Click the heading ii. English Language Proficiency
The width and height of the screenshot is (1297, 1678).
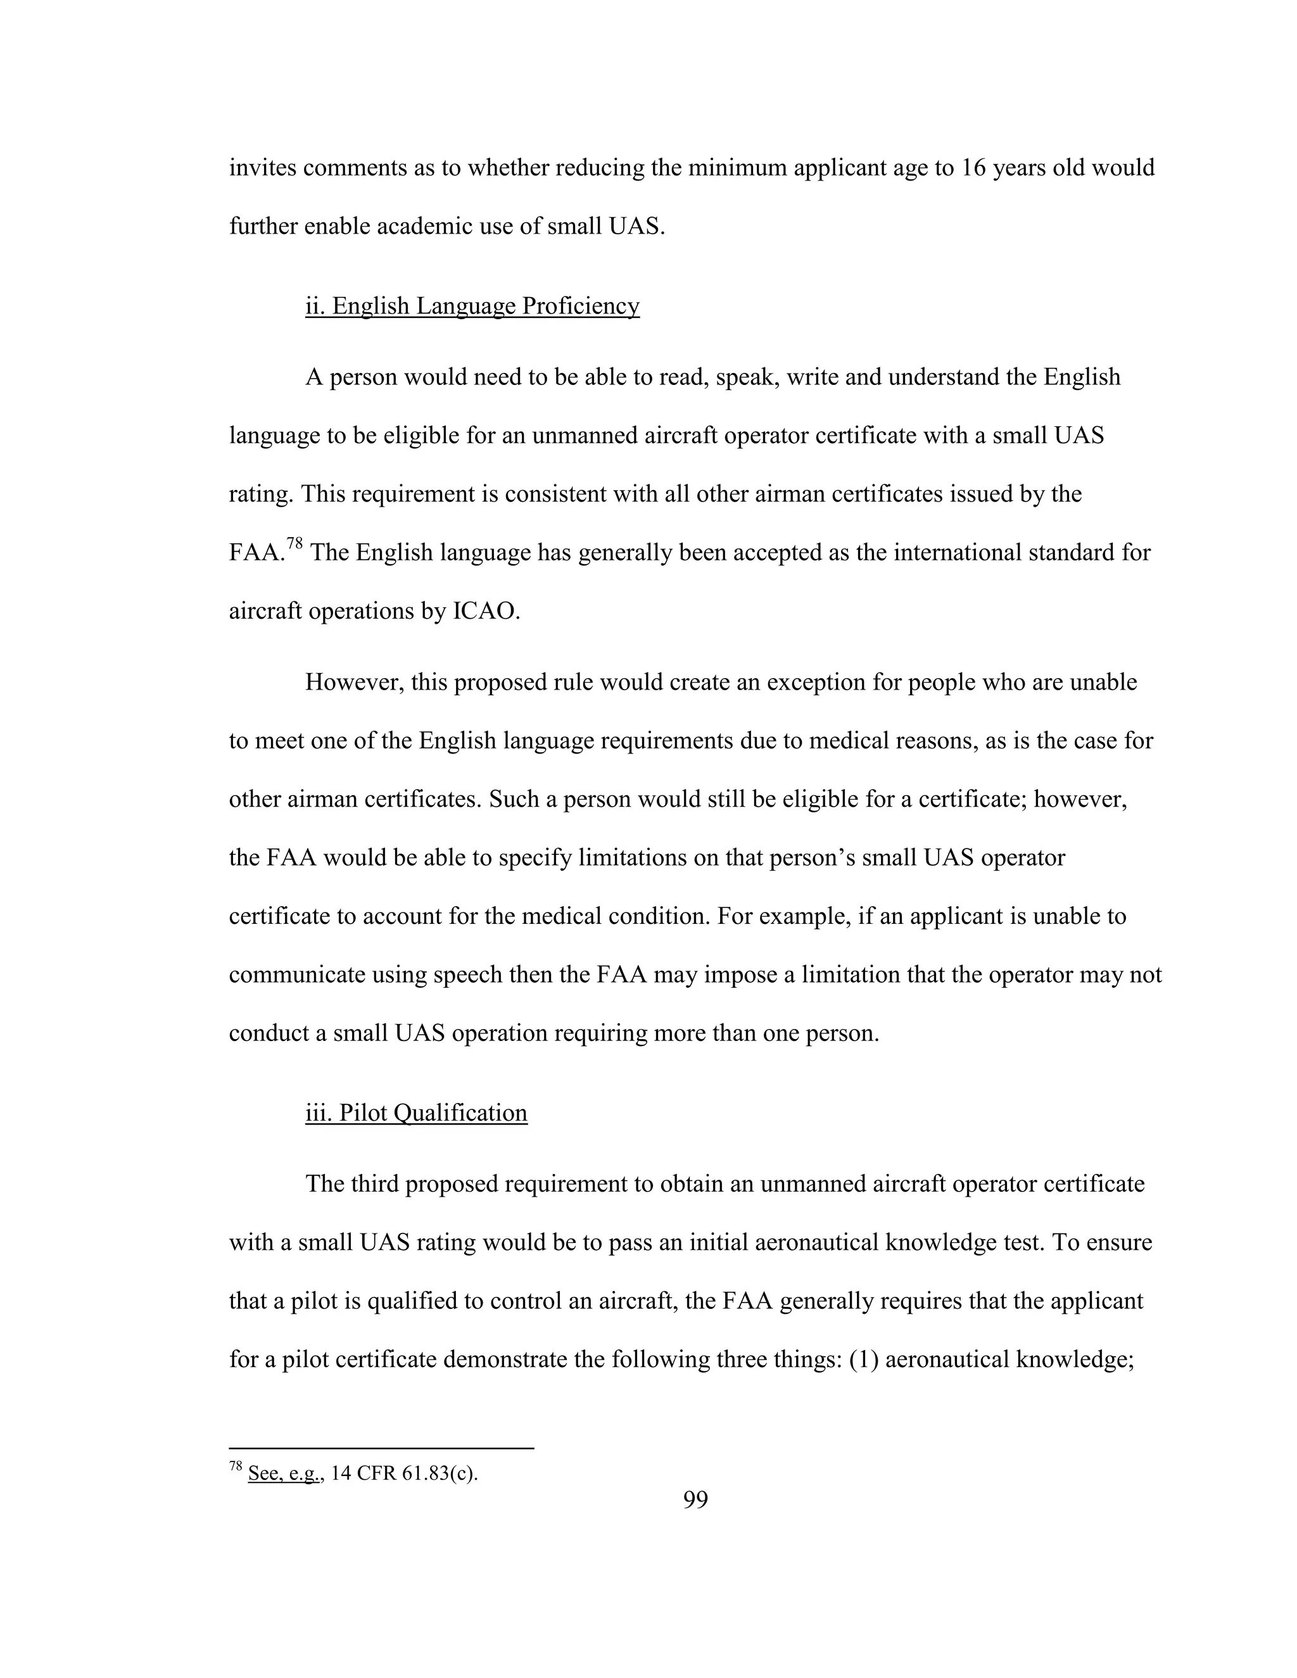(472, 306)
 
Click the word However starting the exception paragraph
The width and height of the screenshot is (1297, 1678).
(354, 682)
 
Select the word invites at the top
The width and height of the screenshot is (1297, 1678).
(263, 168)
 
